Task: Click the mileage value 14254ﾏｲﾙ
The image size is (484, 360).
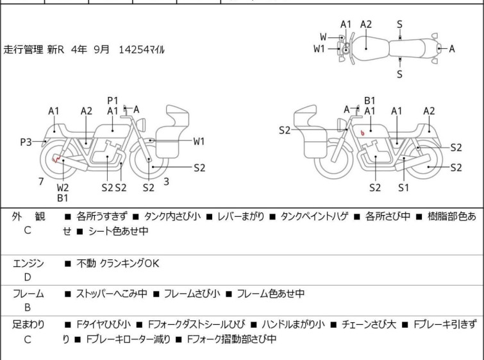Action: click(x=142, y=49)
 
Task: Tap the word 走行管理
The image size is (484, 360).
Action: click(x=24, y=49)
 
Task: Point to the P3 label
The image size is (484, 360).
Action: click(x=26, y=142)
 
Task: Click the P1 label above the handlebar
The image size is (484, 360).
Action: click(x=113, y=100)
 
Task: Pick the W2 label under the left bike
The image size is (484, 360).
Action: click(x=63, y=187)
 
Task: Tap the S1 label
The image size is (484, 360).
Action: click(x=403, y=187)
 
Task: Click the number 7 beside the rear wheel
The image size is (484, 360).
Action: click(x=41, y=182)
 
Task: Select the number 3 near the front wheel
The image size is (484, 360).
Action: click(x=166, y=182)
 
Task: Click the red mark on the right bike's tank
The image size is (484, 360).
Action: click(x=363, y=133)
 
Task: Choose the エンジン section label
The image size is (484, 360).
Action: click(x=28, y=263)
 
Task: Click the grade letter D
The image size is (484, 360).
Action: click(x=28, y=277)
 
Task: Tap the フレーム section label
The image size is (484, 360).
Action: click(x=28, y=294)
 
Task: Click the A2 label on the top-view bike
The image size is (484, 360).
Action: click(x=366, y=24)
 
